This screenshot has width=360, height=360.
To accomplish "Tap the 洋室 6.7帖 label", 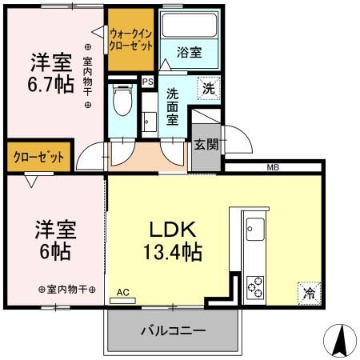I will tap(52, 71).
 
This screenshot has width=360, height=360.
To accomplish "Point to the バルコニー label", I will tap(174, 330).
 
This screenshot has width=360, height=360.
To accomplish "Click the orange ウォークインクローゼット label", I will tap(131, 40).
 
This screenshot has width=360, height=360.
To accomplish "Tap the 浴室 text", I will tap(190, 53).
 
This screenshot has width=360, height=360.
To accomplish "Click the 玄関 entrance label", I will tap(205, 146).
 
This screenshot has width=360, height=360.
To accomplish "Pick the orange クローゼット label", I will tap(38, 157).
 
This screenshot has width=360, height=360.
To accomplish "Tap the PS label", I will tap(147, 81).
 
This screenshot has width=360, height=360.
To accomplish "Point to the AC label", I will tap(122, 293).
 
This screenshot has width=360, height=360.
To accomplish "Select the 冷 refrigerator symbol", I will tap(309, 294).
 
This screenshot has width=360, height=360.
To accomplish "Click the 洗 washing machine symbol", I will tap(207, 90).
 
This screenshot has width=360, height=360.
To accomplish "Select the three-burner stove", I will tap(257, 286).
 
